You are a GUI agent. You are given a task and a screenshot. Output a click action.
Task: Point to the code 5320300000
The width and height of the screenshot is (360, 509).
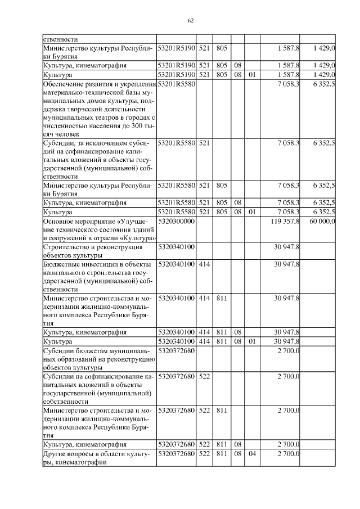tap(176, 222)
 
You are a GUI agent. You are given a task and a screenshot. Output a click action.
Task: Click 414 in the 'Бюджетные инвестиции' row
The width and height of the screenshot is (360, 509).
tap(204, 264)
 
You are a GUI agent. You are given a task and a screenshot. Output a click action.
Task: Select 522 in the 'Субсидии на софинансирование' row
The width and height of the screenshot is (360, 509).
tap(204, 376)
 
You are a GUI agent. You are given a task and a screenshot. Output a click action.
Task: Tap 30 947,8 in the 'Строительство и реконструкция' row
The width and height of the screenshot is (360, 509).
tap(287, 246)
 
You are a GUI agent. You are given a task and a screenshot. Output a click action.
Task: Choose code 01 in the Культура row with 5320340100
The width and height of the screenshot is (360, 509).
tap(251, 341)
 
